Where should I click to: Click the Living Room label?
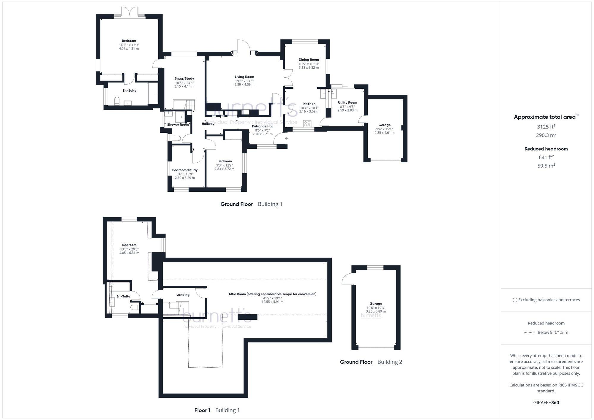point(244,77)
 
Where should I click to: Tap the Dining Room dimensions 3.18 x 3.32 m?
point(309,68)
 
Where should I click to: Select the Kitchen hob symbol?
point(307,123)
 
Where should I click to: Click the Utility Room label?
point(347,103)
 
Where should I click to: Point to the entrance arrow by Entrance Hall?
point(287,138)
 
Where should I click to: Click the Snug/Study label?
point(184,79)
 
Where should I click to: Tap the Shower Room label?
point(178,125)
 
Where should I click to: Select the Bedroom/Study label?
point(185,170)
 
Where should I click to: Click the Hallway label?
point(208,124)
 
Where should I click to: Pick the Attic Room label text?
point(272,294)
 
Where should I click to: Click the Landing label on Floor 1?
point(183,295)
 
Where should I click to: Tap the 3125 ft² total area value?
point(546,127)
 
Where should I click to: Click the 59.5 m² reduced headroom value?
point(546,166)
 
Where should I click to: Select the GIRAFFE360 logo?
point(546,403)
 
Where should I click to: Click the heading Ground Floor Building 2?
point(371,362)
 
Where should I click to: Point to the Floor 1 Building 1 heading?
point(217,410)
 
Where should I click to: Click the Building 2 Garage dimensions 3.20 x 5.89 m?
point(376,311)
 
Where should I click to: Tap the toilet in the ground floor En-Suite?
point(117,101)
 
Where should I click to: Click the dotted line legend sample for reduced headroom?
point(529,332)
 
